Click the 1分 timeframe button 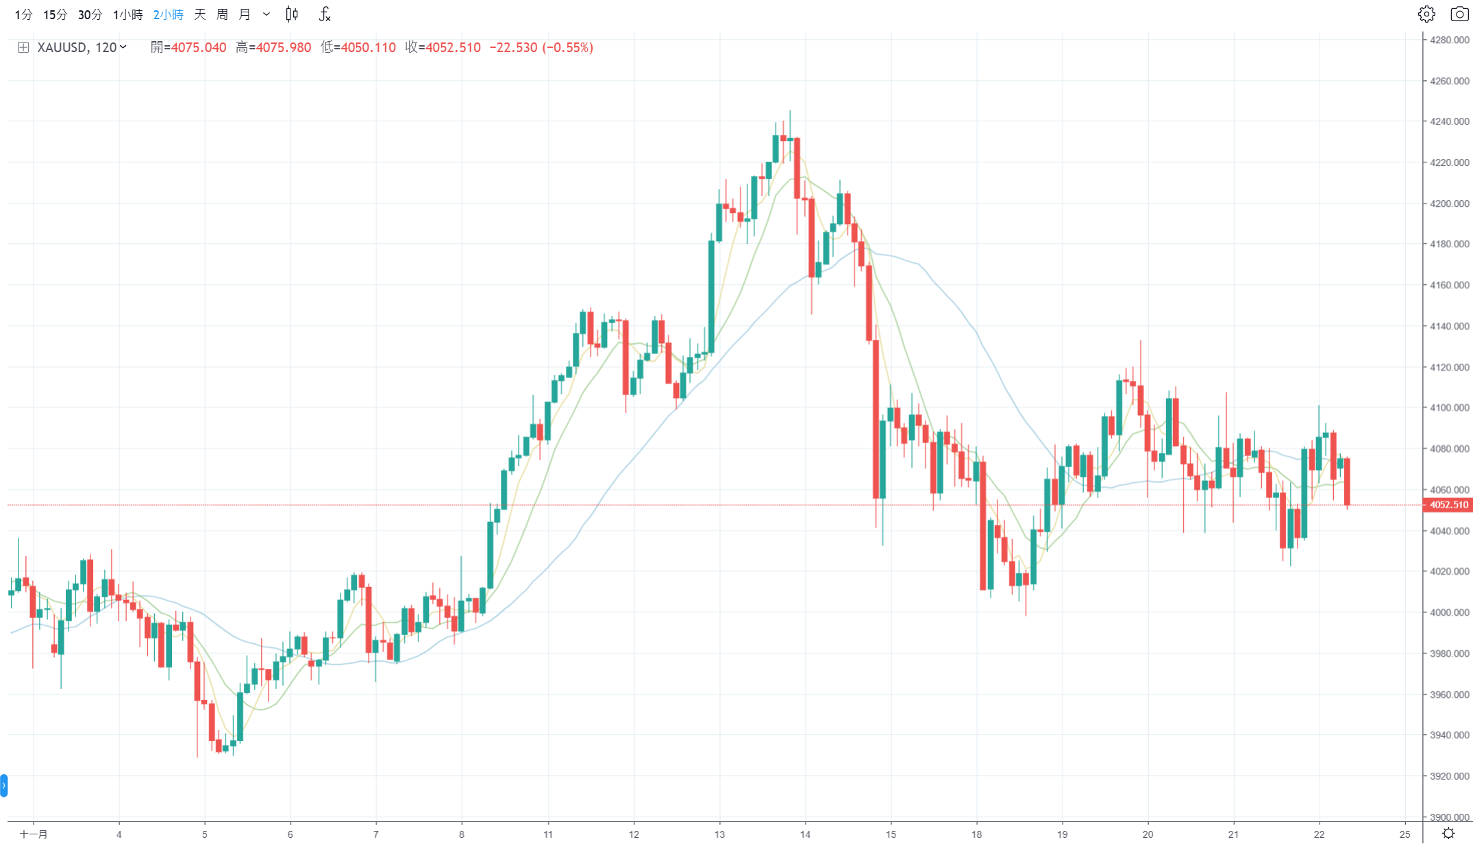point(23,14)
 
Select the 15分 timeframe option point(55,14)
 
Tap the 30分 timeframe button point(90,14)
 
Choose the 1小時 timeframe point(128,14)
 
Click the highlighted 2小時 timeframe point(168,14)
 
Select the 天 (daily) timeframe point(200,14)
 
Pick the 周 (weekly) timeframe point(222,14)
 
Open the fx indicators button point(325,14)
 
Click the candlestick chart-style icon point(292,14)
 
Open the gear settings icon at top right point(1426,14)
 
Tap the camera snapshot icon point(1459,14)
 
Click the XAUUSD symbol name point(62,47)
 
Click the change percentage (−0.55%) point(567,47)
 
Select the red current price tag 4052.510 point(1448,505)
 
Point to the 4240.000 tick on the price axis point(1449,121)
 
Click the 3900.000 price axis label point(1449,817)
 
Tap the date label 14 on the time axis point(805,834)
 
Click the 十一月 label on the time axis point(34,834)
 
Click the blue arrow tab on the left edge point(3,785)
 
